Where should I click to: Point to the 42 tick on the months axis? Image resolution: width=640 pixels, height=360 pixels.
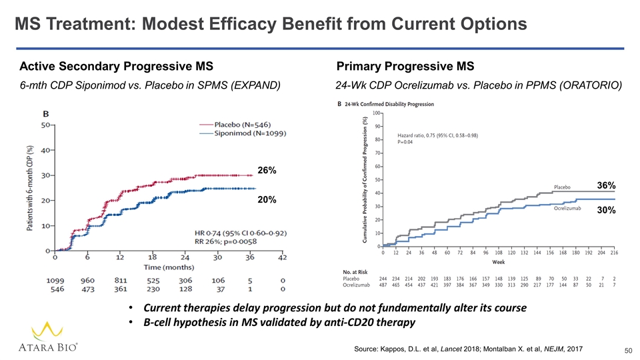(283, 258)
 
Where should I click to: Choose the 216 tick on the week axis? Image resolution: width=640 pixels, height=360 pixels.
(614, 253)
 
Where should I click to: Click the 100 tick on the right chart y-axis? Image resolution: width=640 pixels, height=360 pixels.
(376, 113)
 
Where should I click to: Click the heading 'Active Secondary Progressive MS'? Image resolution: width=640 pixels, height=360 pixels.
(117, 67)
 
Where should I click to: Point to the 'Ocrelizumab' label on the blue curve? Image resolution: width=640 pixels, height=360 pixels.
(569, 209)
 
